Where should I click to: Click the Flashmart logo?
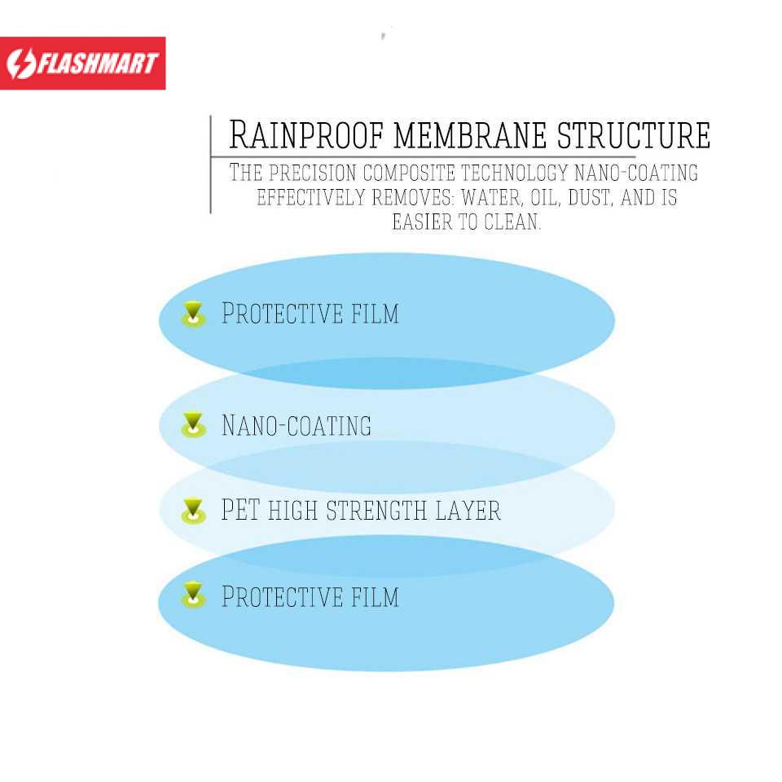pos(82,63)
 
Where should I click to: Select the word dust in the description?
pos(589,198)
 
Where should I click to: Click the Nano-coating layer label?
pos(297,425)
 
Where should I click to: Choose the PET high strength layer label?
pos(361,511)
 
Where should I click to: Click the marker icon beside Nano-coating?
pos(193,424)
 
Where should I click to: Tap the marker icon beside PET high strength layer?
pos(193,511)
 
